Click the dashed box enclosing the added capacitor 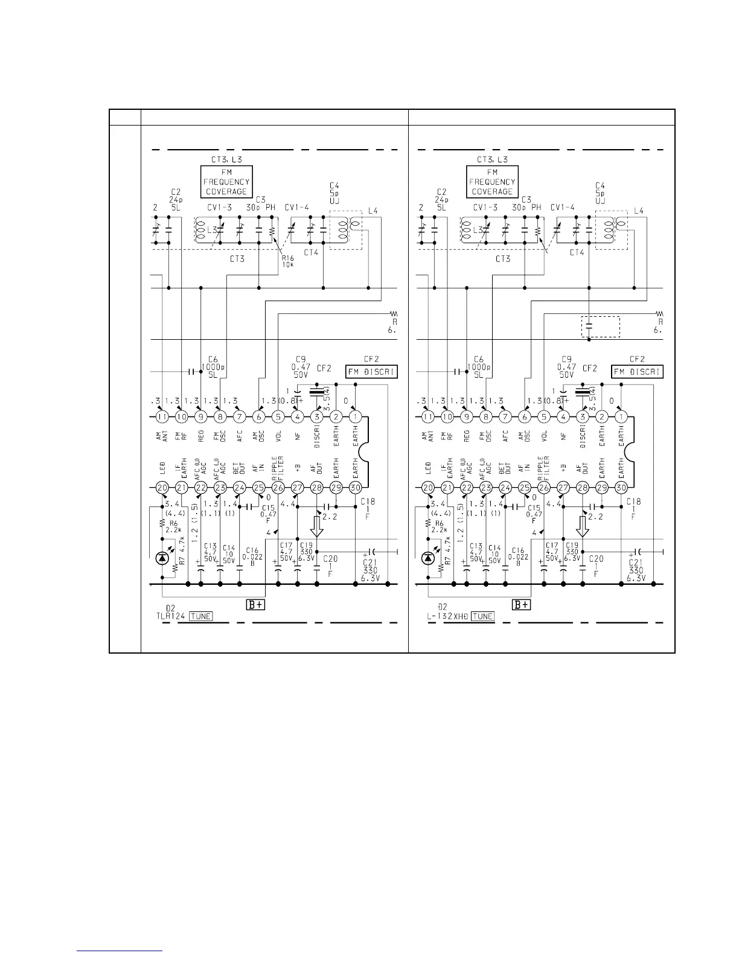[x=600, y=327]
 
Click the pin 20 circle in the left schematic [x=162, y=488]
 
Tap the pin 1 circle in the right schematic [x=621, y=416]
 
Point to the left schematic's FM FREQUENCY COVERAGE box [x=226, y=182]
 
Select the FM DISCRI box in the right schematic [x=637, y=372]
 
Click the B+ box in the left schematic [x=255, y=605]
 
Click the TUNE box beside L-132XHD [x=482, y=616]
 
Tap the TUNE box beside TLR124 [x=201, y=616]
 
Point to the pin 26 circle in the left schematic [x=278, y=488]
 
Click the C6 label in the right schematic [x=479, y=358]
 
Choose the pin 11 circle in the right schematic [x=427, y=416]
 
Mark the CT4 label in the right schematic [x=577, y=252]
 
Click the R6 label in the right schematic [x=439, y=523]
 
